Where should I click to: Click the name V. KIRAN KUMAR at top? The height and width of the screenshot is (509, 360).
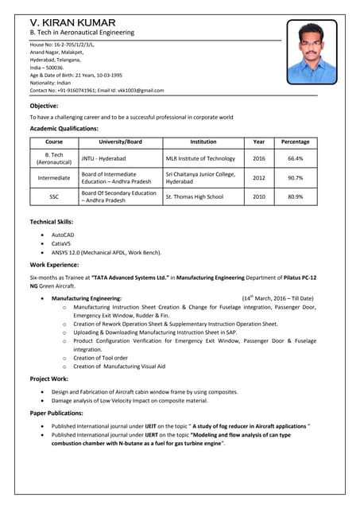pos(72,22)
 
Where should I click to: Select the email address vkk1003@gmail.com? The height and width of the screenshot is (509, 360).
pos(137,91)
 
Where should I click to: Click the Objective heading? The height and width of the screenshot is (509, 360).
pos(44,106)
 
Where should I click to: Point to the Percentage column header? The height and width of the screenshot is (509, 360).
pos(295,142)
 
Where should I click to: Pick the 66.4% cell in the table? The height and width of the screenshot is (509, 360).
pos(295,158)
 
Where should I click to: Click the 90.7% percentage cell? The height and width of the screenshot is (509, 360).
pos(295,177)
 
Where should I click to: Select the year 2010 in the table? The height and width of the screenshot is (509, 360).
pos(259,196)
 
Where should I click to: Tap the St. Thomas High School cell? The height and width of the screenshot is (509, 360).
pos(195,196)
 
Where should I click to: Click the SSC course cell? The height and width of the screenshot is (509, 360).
pos(54,196)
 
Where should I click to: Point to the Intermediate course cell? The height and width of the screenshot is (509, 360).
pos(54,177)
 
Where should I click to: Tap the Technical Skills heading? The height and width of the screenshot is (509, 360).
pos(52,222)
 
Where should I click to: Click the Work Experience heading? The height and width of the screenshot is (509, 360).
pos(54,264)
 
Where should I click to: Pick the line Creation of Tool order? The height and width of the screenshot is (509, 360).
pos(100,358)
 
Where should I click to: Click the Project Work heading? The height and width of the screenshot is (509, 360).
pos(48,379)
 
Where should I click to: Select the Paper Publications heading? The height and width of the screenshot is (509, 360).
pos(57,414)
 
